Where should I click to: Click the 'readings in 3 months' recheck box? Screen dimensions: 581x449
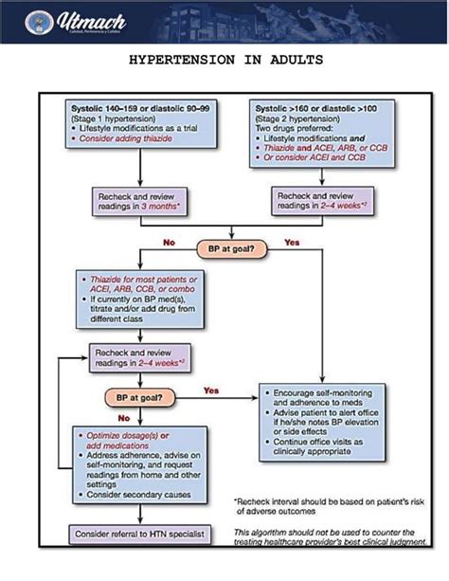(x=138, y=199)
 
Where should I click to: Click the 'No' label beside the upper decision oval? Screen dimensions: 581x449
(x=169, y=243)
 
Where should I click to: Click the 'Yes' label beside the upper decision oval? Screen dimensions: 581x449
(x=292, y=243)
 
